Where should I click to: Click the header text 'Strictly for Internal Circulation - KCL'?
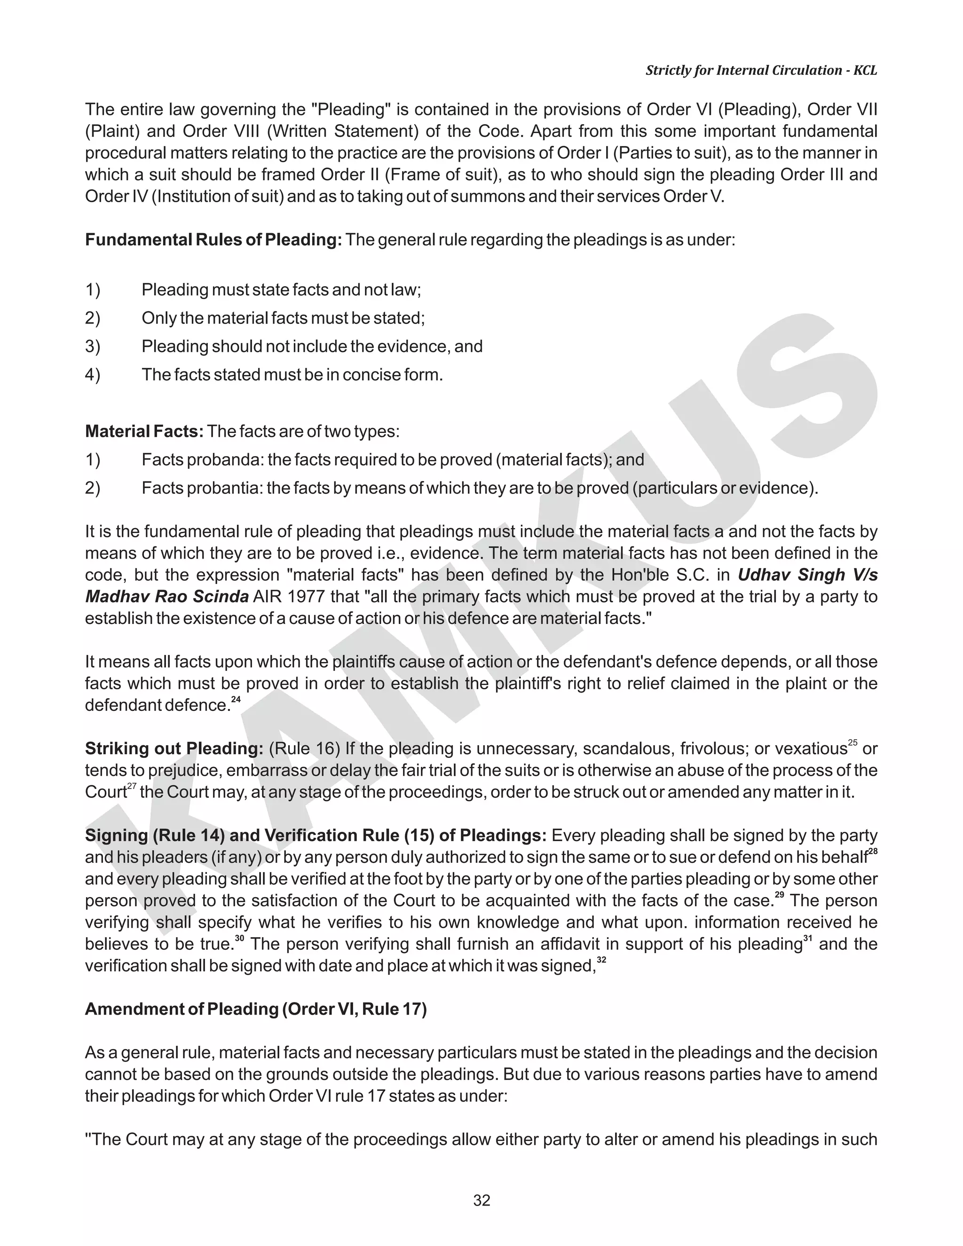(x=761, y=70)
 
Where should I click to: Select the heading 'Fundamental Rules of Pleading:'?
(x=213, y=240)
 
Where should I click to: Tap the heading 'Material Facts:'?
(x=144, y=431)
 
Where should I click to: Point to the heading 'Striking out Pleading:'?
(x=174, y=749)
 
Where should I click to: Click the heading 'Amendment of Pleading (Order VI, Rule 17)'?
(x=256, y=1009)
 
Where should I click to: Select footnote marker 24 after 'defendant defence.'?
(x=236, y=700)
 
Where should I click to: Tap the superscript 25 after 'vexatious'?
(x=853, y=743)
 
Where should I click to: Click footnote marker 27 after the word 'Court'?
(x=132, y=786)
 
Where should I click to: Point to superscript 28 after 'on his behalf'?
(x=872, y=851)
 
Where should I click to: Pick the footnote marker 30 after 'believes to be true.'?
(x=240, y=938)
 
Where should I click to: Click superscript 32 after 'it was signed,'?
(x=601, y=960)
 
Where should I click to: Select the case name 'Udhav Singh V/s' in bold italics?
(x=807, y=575)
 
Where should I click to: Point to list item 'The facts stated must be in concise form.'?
(x=292, y=375)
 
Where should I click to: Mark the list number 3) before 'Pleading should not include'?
(x=93, y=347)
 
